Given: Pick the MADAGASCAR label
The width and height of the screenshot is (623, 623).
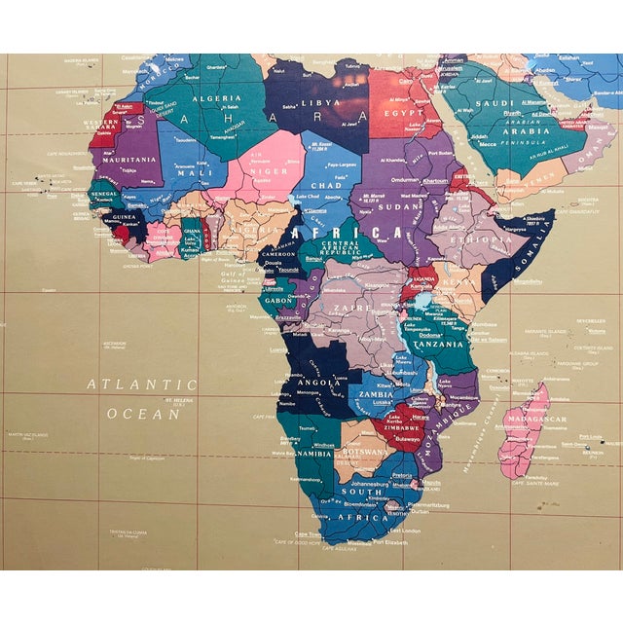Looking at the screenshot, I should (537, 420).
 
